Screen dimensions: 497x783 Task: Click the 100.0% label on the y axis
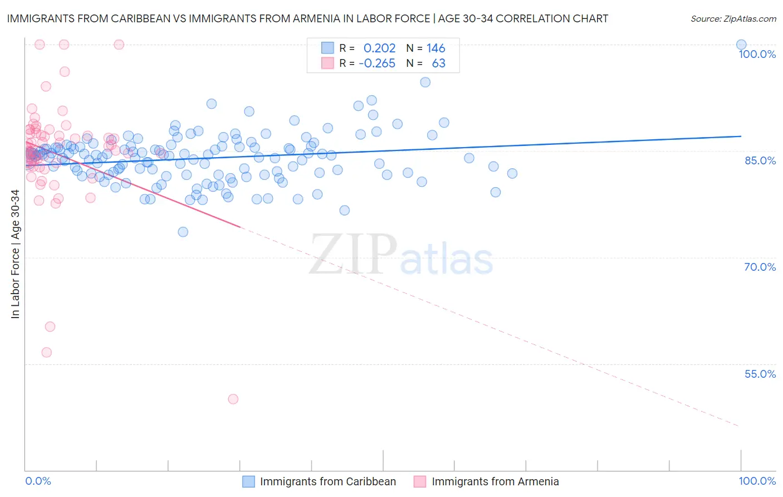tap(757, 54)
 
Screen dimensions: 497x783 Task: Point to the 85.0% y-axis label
tap(760, 160)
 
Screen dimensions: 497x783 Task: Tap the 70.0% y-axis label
tap(760, 267)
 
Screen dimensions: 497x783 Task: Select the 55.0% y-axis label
tap(760, 374)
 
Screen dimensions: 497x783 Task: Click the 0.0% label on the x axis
tap(38, 481)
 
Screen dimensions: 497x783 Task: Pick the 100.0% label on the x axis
tap(757, 481)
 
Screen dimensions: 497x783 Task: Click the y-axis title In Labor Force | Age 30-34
tap(15, 254)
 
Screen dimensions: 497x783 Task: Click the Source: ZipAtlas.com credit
tap(733, 19)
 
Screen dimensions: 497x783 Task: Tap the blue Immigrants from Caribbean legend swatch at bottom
tap(248, 481)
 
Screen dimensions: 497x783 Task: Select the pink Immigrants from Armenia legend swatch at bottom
tap(420, 481)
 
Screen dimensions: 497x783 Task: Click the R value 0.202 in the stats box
tap(379, 48)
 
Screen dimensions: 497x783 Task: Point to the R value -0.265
tap(377, 64)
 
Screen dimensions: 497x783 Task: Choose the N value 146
tap(436, 48)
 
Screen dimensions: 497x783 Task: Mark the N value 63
tap(439, 64)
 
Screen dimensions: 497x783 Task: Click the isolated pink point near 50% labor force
tap(233, 399)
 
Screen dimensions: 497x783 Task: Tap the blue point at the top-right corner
tap(741, 45)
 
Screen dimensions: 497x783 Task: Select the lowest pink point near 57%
tap(47, 353)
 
